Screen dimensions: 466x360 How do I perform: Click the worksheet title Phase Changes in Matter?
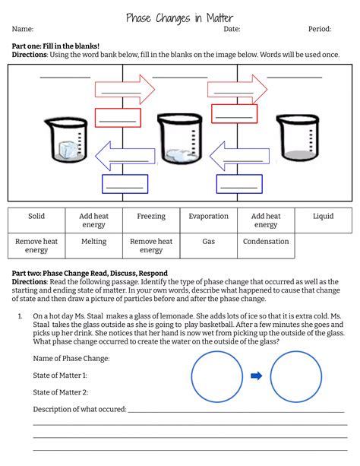click(179, 17)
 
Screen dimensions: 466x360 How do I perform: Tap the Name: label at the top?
click(23, 30)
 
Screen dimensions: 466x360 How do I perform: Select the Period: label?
click(319, 30)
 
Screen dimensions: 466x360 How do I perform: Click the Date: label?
click(232, 30)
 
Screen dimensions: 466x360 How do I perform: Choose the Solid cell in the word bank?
click(36, 217)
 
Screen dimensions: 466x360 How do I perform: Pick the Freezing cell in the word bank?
click(151, 217)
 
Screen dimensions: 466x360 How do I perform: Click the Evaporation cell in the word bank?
click(208, 217)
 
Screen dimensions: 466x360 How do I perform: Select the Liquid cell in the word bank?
click(323, 217)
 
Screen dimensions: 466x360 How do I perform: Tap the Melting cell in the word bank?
click(93, 242)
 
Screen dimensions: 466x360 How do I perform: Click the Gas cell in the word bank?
click(208, 242)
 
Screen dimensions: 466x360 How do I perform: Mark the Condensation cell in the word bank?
click(266, 242)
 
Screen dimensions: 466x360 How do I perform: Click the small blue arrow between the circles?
click(256, 376)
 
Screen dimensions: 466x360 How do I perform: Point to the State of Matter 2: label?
click(61, 392)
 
